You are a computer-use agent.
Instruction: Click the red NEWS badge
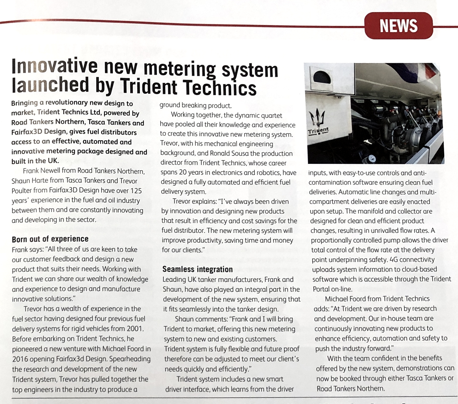coord(398,26)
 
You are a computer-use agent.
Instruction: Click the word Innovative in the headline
coord(54,66)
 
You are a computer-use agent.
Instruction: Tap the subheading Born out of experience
coord(50,239)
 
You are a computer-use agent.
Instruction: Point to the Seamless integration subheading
coord(197,269)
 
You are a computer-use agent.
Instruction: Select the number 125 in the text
coord(136,191)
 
